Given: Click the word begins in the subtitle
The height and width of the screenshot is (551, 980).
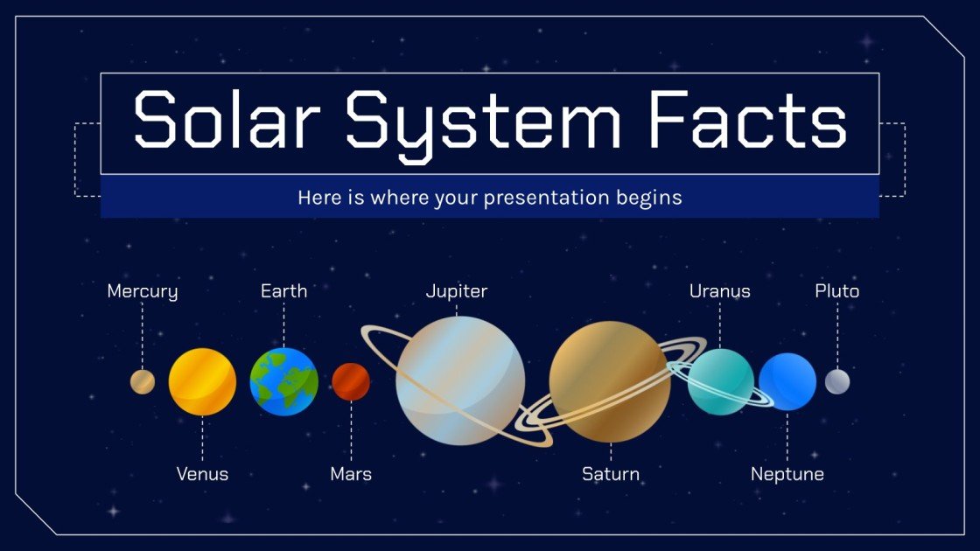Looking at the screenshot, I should (648, 199).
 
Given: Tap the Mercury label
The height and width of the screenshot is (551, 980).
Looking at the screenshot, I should (142, 291).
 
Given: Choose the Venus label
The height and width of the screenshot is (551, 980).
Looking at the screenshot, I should (202, 474).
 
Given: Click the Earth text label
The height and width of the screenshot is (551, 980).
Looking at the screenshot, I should (283, 291).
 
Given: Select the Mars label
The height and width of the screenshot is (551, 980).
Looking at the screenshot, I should (351, 474).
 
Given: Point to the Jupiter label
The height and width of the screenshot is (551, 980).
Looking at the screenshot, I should (456, 291).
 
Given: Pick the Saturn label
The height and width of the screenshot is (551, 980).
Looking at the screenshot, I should (611, 474).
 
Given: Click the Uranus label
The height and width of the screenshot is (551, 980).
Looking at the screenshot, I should (719, 291).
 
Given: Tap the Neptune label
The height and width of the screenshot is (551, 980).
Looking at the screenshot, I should (787, 474).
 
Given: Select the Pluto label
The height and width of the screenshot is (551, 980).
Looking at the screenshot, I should (836, 291).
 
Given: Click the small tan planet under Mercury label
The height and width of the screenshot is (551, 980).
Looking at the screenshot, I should (143, 382).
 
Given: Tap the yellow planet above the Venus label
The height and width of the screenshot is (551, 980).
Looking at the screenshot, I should (202, 381).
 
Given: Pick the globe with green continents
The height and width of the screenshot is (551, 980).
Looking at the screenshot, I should (283, 381).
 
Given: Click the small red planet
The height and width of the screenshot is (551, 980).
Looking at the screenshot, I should (351, 381).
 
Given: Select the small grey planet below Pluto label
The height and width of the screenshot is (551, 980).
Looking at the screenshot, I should (837, 381).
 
